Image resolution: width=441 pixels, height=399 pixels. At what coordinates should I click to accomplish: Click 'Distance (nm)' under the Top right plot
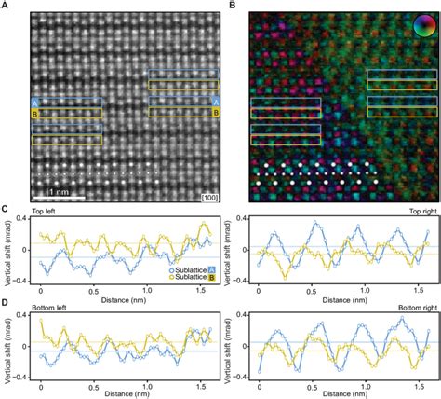point(342,297)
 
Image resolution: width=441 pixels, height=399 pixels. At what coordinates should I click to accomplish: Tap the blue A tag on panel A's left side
point(33,103)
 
